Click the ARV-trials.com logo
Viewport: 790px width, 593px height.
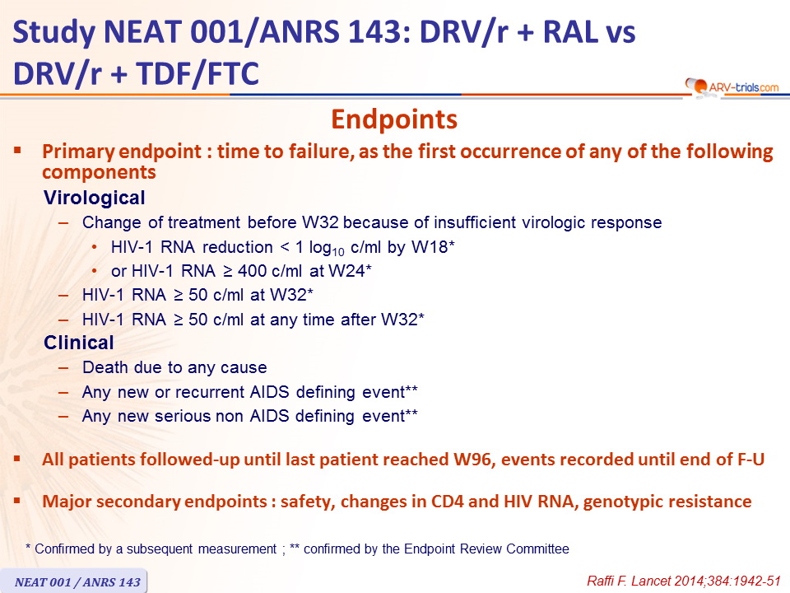(732, 86)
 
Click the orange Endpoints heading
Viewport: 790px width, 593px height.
(394, 119)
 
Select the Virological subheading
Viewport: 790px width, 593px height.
(94, 198)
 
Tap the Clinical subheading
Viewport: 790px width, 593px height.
(79, 343)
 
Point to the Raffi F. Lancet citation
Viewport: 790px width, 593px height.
(683, 581)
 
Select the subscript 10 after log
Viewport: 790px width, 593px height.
(338, 252)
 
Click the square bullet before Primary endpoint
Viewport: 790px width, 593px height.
(17, 150)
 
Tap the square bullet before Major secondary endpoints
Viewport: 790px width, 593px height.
(17, 500)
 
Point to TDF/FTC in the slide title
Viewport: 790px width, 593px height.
(197, 73)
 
